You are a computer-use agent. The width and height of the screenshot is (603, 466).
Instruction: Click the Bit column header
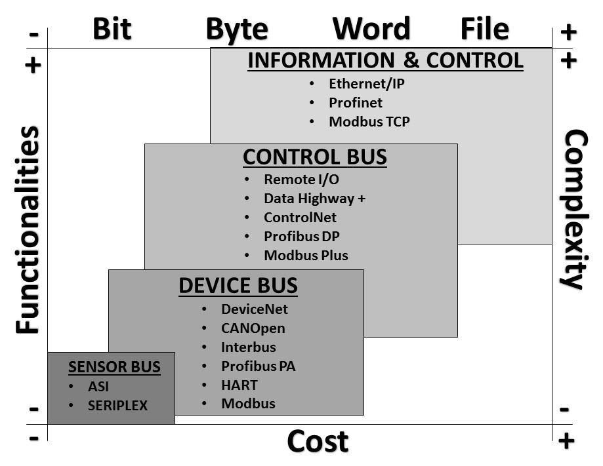pos(112,29)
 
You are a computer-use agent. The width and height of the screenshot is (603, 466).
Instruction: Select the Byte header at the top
pos(237,29)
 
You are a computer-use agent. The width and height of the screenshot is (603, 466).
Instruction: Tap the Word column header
pos(371,29)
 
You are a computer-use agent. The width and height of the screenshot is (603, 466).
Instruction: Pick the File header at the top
pos(484,29)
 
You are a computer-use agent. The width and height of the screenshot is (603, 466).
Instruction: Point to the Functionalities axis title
pos(28,231)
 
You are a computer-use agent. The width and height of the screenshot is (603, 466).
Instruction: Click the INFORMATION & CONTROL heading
pos(385,60)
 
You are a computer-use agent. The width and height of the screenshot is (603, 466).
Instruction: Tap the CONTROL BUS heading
pos(315,157)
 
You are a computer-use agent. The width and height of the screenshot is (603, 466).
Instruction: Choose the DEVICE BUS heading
pos(238,286)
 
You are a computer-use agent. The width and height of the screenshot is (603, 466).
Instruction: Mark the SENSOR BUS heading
pos(114,366)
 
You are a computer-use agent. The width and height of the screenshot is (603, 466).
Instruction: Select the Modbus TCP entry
pos(369,122)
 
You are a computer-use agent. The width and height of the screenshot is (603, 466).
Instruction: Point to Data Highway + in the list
pos(314,199)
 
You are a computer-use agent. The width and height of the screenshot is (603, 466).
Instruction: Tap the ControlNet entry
pos(300,218)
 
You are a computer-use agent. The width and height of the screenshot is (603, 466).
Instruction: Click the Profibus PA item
pos(258,366)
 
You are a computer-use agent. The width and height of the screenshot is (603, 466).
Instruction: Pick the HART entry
pos(239,385)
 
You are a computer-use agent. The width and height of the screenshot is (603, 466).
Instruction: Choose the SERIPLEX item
pos(117,406)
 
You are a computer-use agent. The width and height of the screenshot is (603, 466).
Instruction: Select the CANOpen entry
pos(253,328)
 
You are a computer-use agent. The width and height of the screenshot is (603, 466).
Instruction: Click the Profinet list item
pos(356,103)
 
